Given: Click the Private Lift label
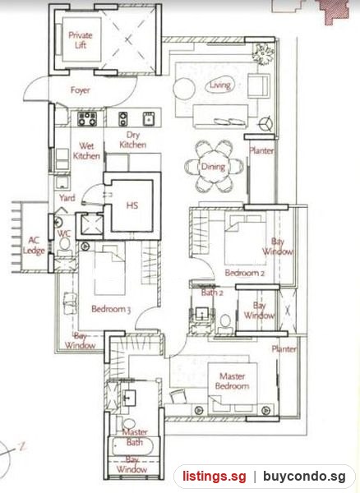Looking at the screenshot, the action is click(81, 39).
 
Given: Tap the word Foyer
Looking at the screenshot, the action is click(81, 90).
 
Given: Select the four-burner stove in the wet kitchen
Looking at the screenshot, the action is click(87, 118).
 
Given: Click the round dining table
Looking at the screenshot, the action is click(214, 166).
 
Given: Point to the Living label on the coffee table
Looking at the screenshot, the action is click(220, 85).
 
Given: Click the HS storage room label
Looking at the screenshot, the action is click(132, 205).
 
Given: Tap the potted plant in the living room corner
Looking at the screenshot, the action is click(262, 53).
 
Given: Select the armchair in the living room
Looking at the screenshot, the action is click(258, 85).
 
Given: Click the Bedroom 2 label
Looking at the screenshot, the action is click(245, 273).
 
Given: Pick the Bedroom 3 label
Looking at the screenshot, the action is click(111, 309).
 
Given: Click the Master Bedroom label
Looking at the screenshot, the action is click(233, 380).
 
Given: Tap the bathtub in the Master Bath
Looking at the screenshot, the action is click(133, 447).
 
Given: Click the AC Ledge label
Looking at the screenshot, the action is click(34, 245).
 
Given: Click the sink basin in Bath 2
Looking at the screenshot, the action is click(201, 314).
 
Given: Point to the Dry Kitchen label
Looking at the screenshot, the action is click(132, 140).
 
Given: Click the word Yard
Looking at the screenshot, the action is click(67, 198).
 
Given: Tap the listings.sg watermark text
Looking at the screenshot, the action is click(215, 477).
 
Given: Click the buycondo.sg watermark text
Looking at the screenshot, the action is click(304, 477).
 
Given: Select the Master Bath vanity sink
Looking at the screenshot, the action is click(128, 398).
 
